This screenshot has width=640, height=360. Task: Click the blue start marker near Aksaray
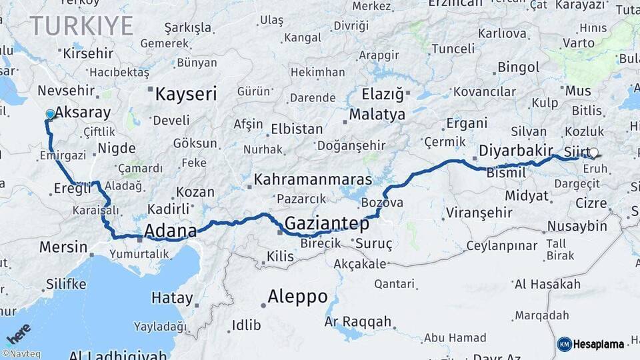[50, 115]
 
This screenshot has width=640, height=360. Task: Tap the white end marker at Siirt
[593, 152]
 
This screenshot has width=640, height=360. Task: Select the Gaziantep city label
[327, 223]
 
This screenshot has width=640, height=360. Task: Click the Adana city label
[171, 231]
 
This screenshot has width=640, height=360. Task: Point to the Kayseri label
[186, 94]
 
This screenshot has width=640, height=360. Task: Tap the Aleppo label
[297, 297]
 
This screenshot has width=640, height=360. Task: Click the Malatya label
[377, 114]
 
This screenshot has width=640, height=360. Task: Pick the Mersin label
[63, 247]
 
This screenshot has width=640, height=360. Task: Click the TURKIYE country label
[81, 26]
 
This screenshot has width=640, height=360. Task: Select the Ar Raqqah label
[358, 321]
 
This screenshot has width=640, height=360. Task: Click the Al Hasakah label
[547, 285]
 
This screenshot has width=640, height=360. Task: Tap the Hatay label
[172, 298]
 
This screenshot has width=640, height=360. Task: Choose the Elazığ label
[383, 93]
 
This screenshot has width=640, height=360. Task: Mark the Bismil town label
[506, 173]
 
